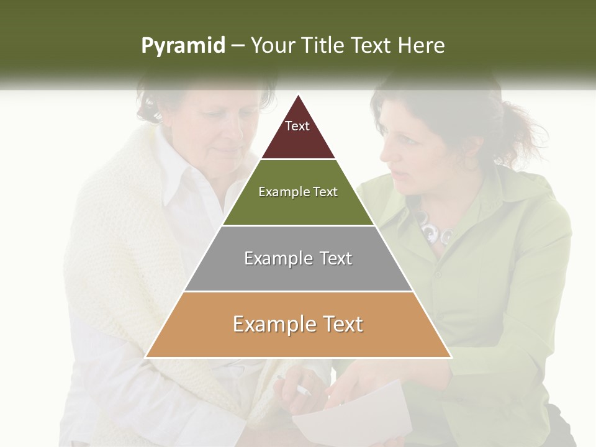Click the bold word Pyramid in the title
[x=183, y=46]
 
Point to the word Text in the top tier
[x=297, y=126]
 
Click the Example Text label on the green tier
[x=298, y=192]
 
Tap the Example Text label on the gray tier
[x=298, y=258]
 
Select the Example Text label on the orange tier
[x=298, y=324]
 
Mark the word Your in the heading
[x=271, y=46]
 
